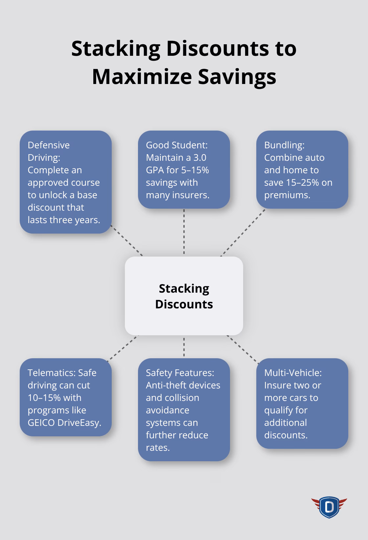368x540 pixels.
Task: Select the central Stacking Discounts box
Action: coord(184,296)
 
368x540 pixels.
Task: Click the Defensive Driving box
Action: coord(65,182)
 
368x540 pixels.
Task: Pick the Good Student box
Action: coord(184,170)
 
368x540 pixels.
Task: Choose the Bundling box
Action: coord(302,170)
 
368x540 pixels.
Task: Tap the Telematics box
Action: coord(65,397)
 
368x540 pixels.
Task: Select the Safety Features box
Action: coord(184,410)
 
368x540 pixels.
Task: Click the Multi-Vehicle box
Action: coord(302,404)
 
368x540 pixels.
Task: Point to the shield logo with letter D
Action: coord(329,507)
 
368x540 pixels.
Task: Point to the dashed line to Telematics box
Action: coord(123,347)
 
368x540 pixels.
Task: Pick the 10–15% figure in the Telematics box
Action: coord(44,398)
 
